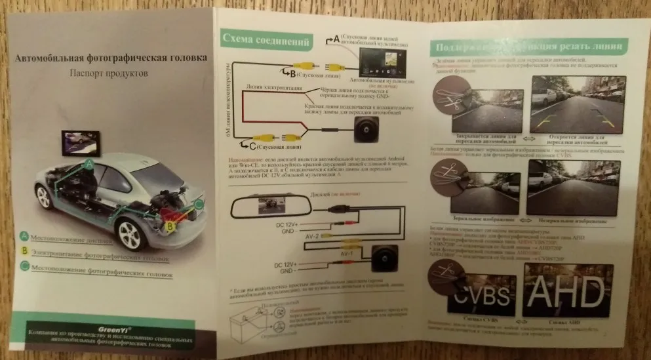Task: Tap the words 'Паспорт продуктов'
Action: click(x=109, y=73)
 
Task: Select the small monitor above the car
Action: click(x=81, y=142)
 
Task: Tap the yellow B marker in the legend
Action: click(x=24, y=249)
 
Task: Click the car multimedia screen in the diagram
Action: click(x=381, y=63)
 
